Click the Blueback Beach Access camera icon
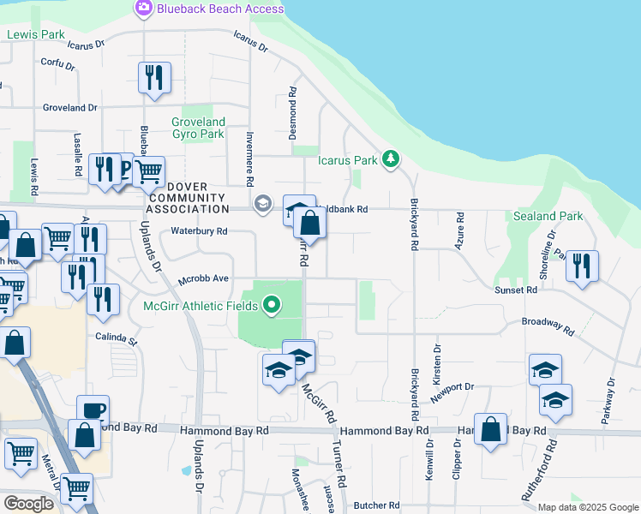tap(143, 9)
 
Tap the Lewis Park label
tap(36, 34)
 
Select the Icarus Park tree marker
tap(391, 158)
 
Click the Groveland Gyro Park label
tap(198, 128)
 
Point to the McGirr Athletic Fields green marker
tap(273, 305)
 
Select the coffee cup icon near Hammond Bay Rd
tap(93, 409)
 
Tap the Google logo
tap(29, 504)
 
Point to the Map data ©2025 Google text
tap(588, 507)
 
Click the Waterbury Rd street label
tap(199, 231)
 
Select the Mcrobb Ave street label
tap(203, 279)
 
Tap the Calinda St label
tap(117, 337)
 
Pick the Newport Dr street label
tap(452, 391)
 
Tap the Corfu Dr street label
tap(59, 63)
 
